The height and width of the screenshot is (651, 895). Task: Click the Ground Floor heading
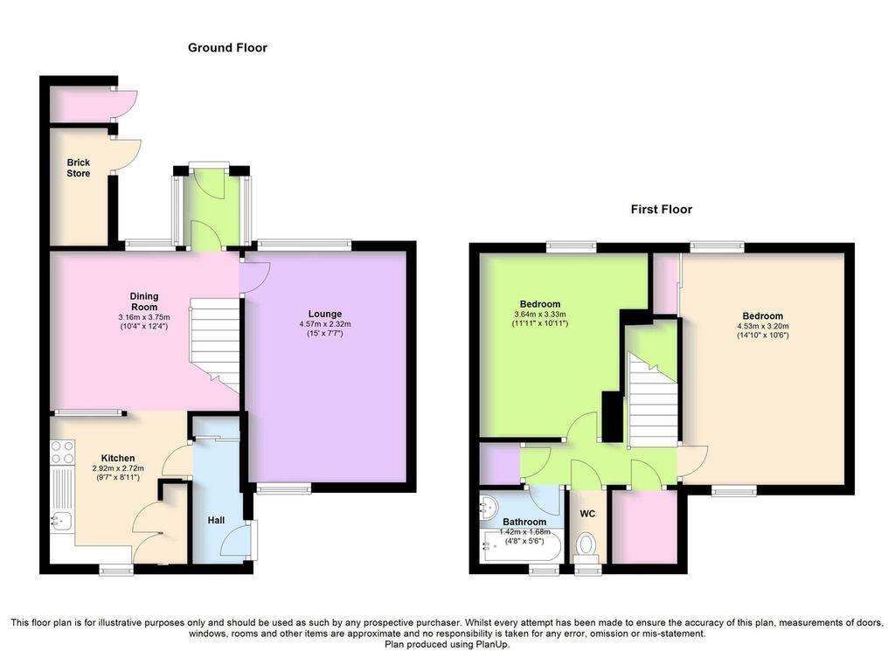point(227,48)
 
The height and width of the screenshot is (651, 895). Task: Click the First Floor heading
point(661,210)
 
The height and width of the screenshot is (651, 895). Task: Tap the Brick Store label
point(78,168)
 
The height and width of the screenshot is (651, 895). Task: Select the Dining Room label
point(144,301)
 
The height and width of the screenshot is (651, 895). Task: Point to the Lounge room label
point(325,314)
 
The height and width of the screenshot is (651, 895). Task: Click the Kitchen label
point(118,458)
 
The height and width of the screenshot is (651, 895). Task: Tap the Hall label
point(216,520)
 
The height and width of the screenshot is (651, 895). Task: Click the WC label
point(587,514)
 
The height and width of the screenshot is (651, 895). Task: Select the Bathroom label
point(524,522)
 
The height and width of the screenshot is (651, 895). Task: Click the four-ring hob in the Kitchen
point(62,451)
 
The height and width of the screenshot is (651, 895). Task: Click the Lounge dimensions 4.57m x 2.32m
point(325,324)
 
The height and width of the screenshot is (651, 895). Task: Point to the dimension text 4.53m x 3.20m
point(762,326)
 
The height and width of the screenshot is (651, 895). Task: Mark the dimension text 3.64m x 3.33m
point(539,315)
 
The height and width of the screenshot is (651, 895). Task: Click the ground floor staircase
point(214,344)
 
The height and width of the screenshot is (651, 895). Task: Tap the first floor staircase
point(652,399)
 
